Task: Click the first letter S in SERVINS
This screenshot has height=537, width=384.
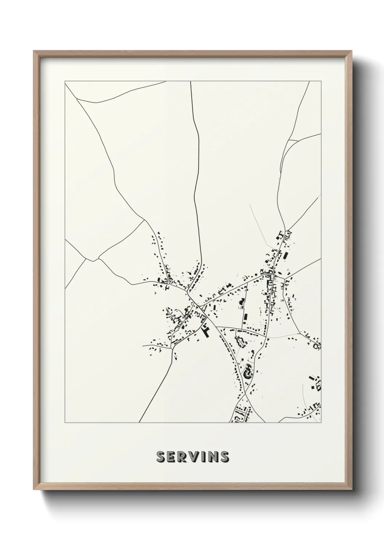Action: [161, 457]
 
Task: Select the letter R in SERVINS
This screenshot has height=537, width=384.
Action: [184, 457]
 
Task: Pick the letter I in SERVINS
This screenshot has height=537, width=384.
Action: [204, 457]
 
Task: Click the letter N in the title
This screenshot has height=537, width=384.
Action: [213, 457]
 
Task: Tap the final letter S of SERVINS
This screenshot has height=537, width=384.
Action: [224, 457]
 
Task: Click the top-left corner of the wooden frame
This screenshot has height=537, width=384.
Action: [34, 51]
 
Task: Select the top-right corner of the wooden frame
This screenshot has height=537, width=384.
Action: [351, 51]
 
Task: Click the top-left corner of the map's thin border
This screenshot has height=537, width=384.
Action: [65, 81]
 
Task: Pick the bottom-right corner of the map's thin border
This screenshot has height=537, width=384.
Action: [321, 423]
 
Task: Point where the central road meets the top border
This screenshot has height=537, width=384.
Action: [191, 82]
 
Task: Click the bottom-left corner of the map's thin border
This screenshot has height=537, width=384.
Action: [65, 423]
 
